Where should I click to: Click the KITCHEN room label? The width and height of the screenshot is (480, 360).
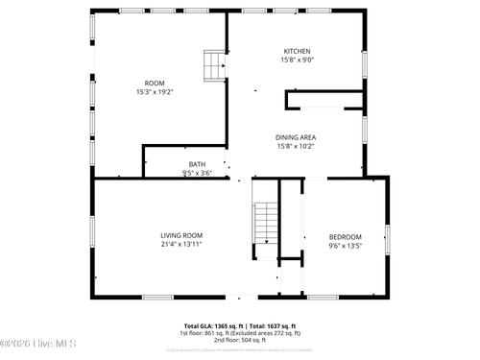pyautogui.click(x=297, y=51)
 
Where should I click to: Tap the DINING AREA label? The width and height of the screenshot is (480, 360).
pyautogui.click(x=296, y=137)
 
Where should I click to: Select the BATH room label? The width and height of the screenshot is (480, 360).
pyautogui.click(x=197, y=164)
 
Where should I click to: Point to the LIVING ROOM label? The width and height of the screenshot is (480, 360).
pyautogui.click(x=181, y=235)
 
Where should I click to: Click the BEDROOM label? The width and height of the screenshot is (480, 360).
pyautogui.click(x=345, y=237)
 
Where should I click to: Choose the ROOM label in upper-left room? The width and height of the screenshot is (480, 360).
pyautogui.click(x=155, y=83)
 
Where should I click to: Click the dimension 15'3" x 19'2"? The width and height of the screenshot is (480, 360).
pyautogui.click(x=155, y=92)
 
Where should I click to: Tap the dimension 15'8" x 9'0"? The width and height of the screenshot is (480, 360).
pyautogui.click(x=297, y=60)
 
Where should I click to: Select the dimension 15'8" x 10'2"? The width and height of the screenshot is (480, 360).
pyautogui.click(x=296, y=147)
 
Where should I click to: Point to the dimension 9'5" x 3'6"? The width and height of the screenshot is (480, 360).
pyautogui.click(x=197, y=174)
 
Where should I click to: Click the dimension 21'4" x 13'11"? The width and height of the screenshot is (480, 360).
pyautogui.click(x=181, y=245)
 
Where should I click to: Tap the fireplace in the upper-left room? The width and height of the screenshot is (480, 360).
pyautogui.click(x=212, y=64)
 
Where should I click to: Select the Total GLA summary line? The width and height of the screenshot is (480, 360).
pyautogui.click(x=239, y=325)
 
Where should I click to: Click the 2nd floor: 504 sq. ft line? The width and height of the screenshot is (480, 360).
pyautogui.click(x=239, y=340)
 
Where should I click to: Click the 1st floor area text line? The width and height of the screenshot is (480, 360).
pyautogui.click(x=239, y=333)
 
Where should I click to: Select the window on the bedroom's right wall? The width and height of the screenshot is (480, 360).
pyautogui.click(x=388, y=235)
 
